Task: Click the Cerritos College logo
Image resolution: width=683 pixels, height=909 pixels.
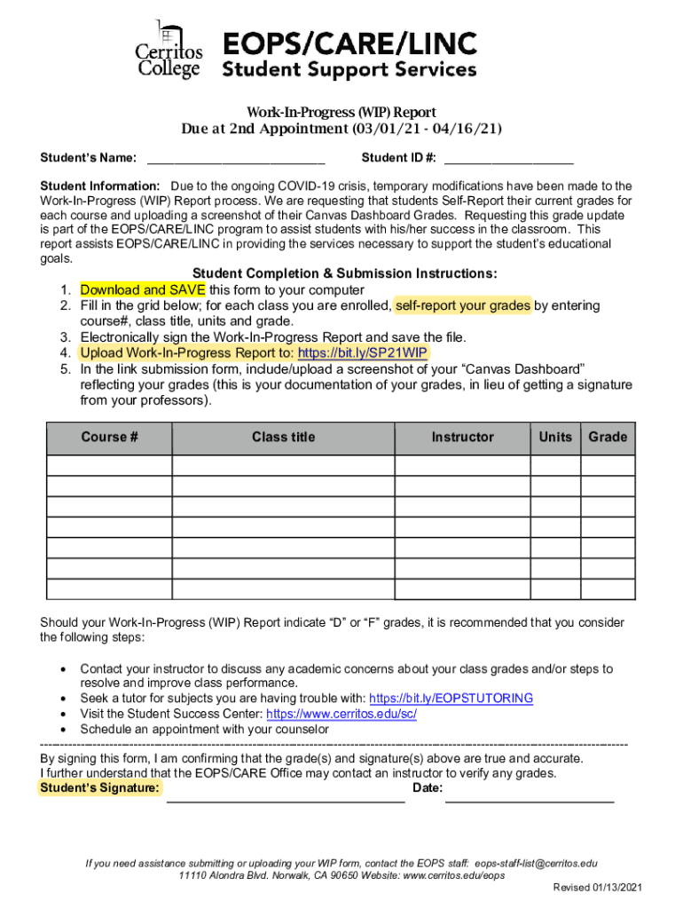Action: pos(169,50)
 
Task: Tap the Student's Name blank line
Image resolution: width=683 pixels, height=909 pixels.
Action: pos(236,160)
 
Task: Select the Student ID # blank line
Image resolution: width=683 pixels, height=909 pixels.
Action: pos(508,160)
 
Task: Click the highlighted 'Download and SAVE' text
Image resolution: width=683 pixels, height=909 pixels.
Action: pos(143,290)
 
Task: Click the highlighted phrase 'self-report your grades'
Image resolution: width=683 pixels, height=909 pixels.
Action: pos(462,305)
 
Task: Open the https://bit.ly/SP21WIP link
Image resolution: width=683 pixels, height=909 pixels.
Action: pos(364,352)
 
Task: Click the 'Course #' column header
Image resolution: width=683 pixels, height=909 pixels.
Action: pos(109,438)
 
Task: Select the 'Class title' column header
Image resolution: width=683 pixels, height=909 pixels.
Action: pos(283,438)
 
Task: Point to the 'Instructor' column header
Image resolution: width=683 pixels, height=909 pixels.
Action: pos(462,438)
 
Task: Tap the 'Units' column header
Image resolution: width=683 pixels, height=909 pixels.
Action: pos(555,438)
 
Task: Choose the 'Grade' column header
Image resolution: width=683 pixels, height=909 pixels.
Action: pos(608,438)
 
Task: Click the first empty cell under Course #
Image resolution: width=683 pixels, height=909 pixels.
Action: pos(109,466)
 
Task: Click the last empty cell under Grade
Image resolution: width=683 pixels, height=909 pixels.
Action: pos(608,589)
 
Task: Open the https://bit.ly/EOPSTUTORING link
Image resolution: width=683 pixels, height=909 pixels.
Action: pos(451,699)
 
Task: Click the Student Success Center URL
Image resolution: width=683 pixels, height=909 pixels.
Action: pos(341,714)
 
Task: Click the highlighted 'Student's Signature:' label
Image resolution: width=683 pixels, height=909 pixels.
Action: pos(100,788)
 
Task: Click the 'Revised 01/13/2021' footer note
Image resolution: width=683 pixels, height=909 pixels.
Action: pos(597,888)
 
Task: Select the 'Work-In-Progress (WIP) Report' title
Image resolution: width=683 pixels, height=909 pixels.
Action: pos(341,113)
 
